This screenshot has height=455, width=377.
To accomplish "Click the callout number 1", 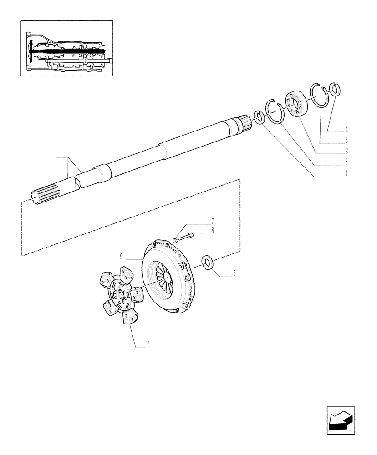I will [52, 156].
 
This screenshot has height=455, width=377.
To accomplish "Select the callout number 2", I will [347, 151].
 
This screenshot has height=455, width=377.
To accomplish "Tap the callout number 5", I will [234, 273].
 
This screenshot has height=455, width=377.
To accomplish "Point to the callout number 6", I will [148, 344].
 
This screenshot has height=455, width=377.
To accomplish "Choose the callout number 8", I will [212, 231].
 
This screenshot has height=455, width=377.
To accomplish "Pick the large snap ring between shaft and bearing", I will [275, 111].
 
